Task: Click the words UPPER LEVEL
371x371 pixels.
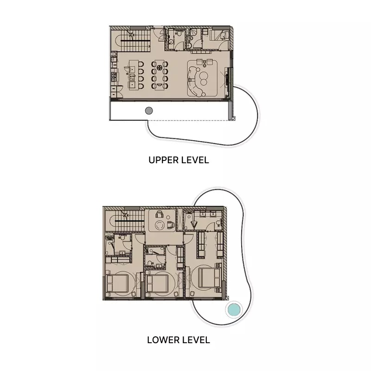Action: pos(179,160)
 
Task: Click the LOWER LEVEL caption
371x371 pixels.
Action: pos(179,340)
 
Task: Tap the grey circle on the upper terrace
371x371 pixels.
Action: pos(149,110)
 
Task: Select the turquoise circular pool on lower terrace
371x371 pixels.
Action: pos(233,309)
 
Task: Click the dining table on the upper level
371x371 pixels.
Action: pos(160,75)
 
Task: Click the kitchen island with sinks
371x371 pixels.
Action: pos(132,75)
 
